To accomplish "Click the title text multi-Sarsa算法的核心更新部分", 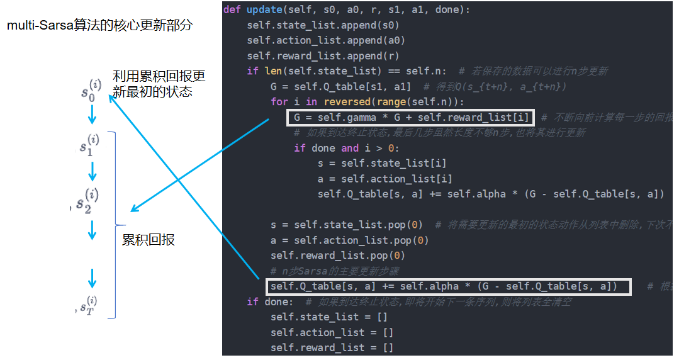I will tap(99, 26).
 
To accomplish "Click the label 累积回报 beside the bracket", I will tap(148, 240).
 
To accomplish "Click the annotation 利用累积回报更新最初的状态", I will tap(159, 84).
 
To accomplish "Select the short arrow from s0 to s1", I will tap(92, 115).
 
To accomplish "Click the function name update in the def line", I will tap(264, 10).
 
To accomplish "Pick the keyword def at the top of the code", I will tap(233, 10).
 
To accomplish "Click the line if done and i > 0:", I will tap(346, 149).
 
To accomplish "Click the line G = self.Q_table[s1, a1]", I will tap(340, 87).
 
